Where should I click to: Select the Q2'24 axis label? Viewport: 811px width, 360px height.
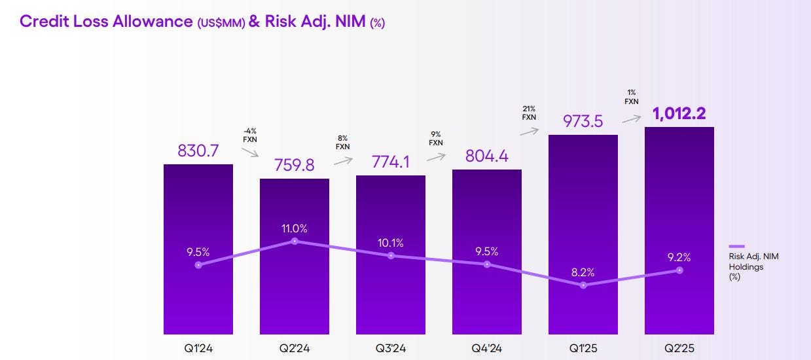pos(295,349)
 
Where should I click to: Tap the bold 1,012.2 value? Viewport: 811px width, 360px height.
pos(679,114)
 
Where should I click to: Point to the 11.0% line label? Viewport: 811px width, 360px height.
pos(295,228)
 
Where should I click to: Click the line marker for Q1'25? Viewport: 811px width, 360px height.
pos(583,285)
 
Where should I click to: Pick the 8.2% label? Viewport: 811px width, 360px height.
pos(583,272)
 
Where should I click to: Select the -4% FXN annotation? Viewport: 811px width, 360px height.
pos(249,135)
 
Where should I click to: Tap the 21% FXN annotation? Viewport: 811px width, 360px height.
pos(529,113)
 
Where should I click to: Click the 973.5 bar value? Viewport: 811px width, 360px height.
pos(583,122)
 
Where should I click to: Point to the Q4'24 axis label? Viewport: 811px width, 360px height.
pos(487,349)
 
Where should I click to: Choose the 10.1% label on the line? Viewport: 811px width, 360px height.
pos(391,243)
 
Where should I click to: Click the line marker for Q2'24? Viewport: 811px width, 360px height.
pos(295,241)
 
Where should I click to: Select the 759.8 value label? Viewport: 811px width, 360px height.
pos(295,165)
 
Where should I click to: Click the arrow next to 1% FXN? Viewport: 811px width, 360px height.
pos(631,120)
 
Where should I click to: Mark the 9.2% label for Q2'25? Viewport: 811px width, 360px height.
pos(679,257)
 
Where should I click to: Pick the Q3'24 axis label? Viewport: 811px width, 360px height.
pos(391,349)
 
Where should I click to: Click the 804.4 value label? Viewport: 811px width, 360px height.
pos(487,156)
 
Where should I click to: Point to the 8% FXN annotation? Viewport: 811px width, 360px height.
pos(342,143)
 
